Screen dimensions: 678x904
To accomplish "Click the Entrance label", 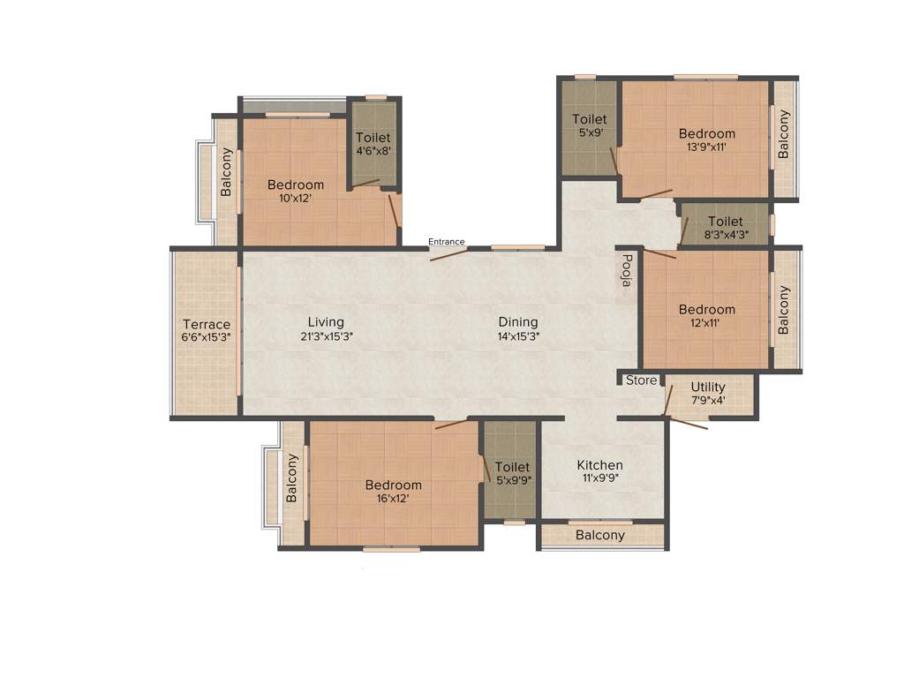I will pos(446,242).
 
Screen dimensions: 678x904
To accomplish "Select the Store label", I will pos(641,380).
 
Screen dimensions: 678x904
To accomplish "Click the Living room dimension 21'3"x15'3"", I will pos(326,336).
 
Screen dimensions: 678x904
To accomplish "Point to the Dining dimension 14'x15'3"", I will pos(517,336).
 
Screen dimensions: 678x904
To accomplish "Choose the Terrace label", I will pos(206,324).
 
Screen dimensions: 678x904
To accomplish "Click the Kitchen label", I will pos(599,465).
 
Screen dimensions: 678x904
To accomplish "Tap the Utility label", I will pos(708,387).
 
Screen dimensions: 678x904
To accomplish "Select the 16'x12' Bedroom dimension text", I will pos(393,498).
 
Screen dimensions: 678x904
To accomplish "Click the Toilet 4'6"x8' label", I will pos(373,138).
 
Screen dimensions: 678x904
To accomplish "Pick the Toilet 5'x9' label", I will pos(589,119).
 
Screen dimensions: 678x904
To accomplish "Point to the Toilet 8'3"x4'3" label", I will pos(725,222).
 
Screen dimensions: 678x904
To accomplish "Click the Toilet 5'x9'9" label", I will pos(512,467).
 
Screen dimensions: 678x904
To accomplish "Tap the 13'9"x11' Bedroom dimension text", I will pos(706,147).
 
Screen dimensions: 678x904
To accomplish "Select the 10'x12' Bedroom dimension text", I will pos(296,198).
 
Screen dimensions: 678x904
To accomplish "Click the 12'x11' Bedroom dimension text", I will pos(706,323).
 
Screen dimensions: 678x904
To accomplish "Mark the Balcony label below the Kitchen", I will pos(599,535).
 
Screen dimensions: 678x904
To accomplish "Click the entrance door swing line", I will pos(448,254).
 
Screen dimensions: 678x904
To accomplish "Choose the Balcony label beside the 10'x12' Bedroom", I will pos(226,172).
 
